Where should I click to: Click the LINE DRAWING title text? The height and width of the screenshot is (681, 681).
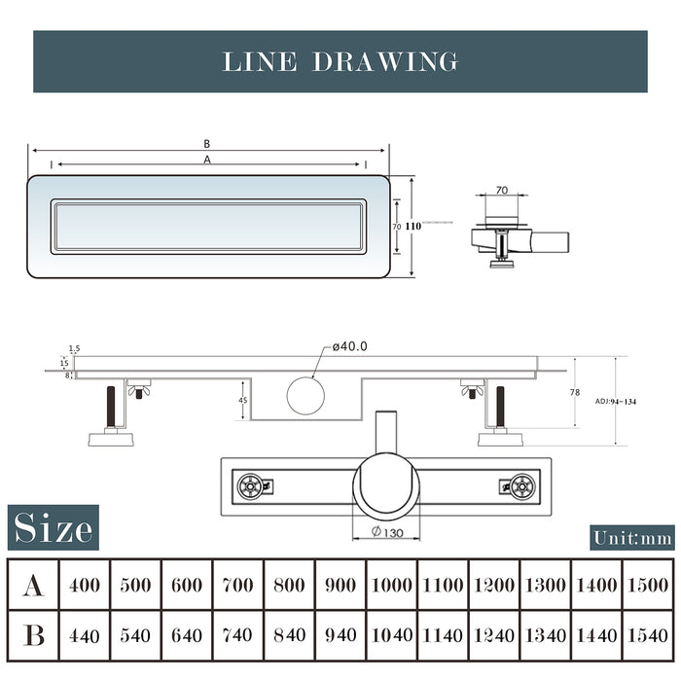coord(340,61)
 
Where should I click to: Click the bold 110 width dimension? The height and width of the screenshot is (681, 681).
coord(412,226)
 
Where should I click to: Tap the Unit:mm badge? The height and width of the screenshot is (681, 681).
coord(632,537)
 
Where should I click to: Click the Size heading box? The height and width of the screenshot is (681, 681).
coord(54,528)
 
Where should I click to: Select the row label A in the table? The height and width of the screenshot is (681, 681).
coord(33,585)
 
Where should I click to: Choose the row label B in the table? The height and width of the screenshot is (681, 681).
coord(33,635)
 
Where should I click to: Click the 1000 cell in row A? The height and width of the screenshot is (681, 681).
coord(392,585)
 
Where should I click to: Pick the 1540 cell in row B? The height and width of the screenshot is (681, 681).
coord(648,635)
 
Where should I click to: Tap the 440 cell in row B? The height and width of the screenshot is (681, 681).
coord(85,635)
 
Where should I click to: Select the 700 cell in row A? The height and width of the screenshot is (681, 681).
coord(238,585)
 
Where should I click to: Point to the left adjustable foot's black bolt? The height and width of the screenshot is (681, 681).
coord(109,407)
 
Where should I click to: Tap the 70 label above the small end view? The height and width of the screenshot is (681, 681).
coord(502,191)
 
